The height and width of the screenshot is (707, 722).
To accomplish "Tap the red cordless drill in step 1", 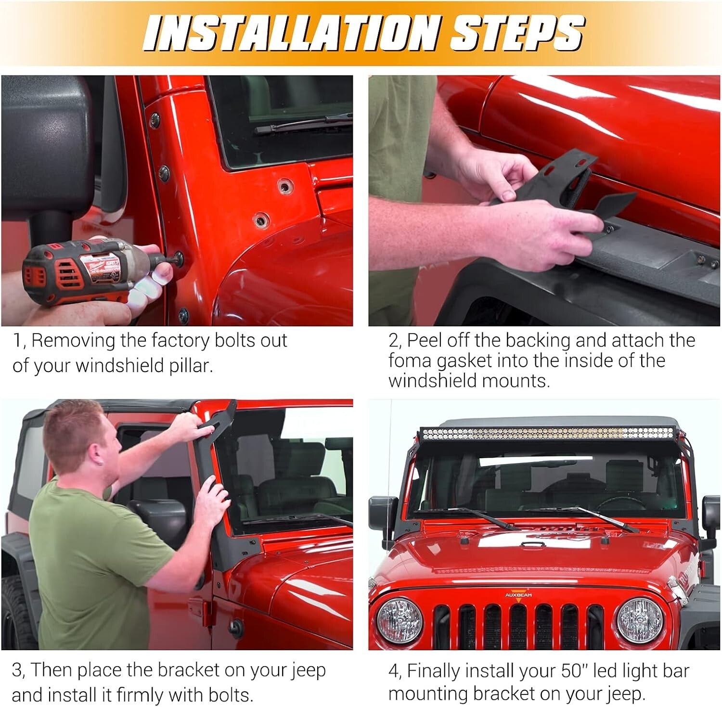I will [x=82, y=272].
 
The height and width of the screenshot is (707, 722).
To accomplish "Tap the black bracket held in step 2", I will [x=568, y=183].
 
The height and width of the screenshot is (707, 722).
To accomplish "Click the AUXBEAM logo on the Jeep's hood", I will [x=518, y=595].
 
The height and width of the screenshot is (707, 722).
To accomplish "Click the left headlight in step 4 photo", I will [x=399, y=621].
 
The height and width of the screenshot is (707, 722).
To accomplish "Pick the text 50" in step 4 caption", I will [x=575, y=671].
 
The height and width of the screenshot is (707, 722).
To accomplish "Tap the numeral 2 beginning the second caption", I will [x=394, y=341].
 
